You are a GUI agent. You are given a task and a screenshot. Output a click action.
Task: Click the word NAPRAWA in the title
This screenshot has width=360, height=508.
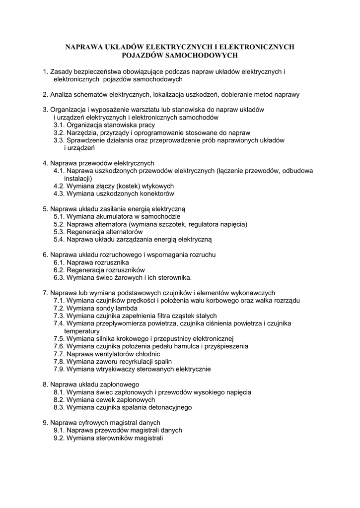pyautogui.click(x=84, y=47)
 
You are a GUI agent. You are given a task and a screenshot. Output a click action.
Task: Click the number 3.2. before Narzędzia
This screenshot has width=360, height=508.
pyautogui.click(x=60, y=133)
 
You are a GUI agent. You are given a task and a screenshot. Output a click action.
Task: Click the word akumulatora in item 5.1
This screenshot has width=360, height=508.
pyautogui.click(x=108, y=217)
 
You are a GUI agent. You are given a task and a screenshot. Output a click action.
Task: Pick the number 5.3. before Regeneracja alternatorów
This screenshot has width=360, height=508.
pyautogui.click(x=60, y=232)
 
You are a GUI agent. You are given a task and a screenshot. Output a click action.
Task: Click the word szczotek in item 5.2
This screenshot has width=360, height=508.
pyautogui.click(x=174, y=224)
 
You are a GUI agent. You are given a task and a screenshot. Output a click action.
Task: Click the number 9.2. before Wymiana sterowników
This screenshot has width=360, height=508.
pyautogui.click(x=60, y=438)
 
